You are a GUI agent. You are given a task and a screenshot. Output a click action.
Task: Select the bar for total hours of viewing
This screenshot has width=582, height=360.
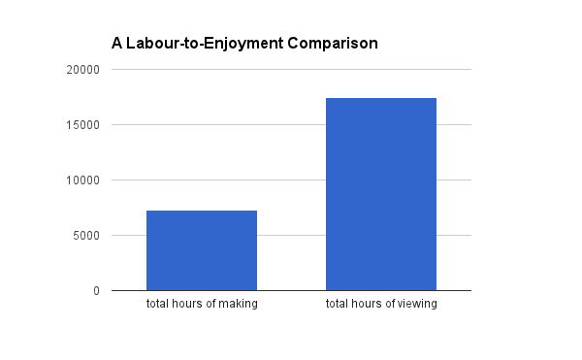(x=381, y=194)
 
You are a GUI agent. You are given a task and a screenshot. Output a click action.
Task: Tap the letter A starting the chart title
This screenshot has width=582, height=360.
(x=116, y=44)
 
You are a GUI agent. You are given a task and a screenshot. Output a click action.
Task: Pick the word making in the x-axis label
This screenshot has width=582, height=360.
(x=239, y=305)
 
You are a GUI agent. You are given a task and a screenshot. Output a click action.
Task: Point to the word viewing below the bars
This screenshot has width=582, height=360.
(x=417, y=305)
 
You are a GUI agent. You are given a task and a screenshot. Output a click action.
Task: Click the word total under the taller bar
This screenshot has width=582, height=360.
(x=339, y=305)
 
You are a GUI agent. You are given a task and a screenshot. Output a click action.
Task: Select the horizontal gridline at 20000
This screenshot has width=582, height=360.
(x=291, y=70)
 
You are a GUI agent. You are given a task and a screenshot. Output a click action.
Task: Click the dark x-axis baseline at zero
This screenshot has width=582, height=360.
(x=291, y=290)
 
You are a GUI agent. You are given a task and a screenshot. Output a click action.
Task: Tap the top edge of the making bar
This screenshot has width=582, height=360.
(x=202, y=211)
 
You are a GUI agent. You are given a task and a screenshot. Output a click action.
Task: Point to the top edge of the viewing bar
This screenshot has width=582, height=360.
(x=381, y=98)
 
